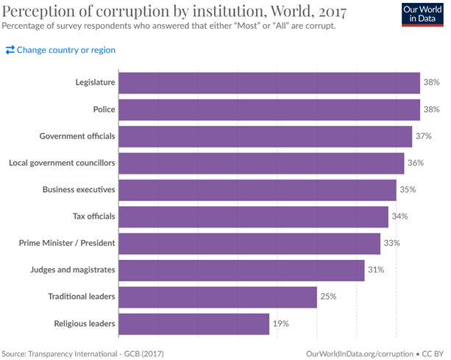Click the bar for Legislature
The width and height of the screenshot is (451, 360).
click(269, 83)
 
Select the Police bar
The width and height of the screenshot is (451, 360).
click(269, 110)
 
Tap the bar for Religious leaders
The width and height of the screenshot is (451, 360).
click(193, 323)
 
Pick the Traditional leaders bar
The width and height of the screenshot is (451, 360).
click(217, 297)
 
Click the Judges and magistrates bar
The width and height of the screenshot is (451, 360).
click(241, 270)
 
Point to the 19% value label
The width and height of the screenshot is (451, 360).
click(280, 323)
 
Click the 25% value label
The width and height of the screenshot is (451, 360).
click(328, 297)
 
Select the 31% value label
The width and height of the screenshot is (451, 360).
click(376, 270)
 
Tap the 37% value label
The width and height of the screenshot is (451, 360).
click(423, 136)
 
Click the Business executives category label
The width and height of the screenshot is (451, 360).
click(79, 190)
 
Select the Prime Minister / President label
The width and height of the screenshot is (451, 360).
click(68, 243)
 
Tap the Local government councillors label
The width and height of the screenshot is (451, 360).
click(62, 163)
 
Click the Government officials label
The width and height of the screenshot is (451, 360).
click(77, 136)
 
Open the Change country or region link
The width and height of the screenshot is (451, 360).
click(60, 50)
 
